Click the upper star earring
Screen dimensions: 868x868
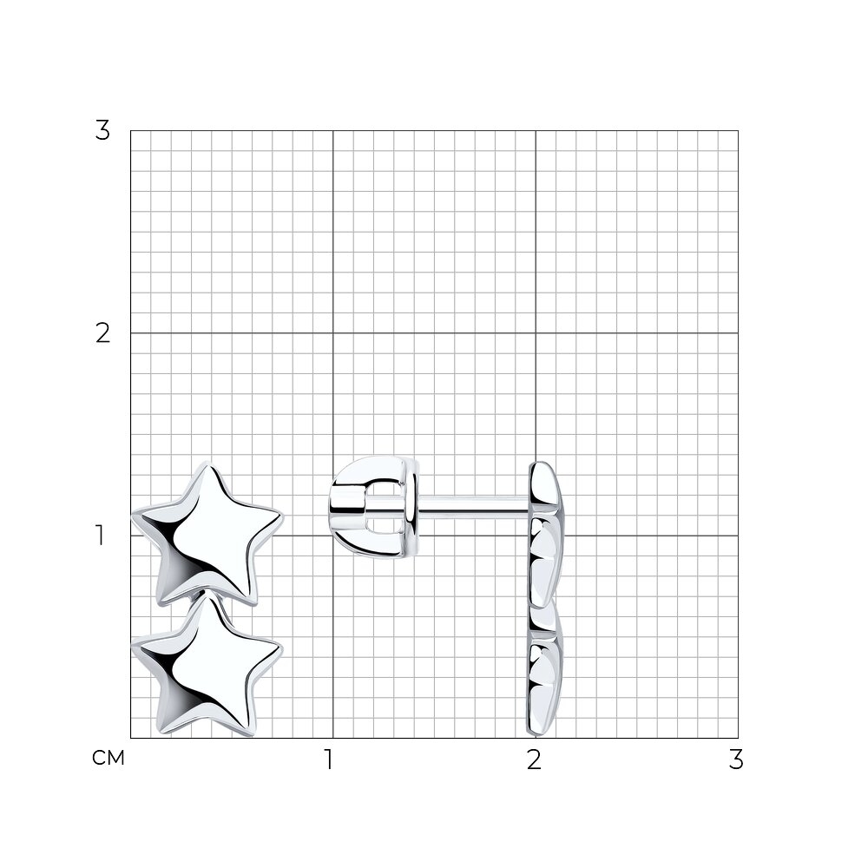coord(207,534)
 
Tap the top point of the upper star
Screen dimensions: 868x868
coord(208,463)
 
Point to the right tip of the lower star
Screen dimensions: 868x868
coord(282,648)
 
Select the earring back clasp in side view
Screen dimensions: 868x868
coord(374,507)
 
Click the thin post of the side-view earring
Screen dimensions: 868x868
coord(474,507)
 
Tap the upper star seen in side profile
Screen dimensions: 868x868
coord(545,534)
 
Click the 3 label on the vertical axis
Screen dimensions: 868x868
coord(102,131)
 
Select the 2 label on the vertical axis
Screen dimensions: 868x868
coord(102,333)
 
